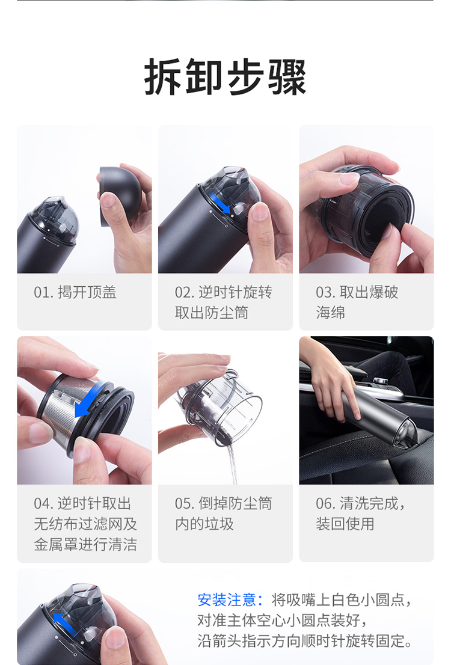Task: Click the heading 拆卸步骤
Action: point(226,77)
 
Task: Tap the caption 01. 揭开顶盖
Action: point(75,292)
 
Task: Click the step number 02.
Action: point(184,292)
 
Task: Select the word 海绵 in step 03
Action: point(331,313)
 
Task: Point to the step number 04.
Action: point(43,503)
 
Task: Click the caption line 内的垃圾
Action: point(204,524)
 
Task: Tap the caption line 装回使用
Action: point(345,524)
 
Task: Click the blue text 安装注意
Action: point(227,599)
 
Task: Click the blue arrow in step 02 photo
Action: point(221,203)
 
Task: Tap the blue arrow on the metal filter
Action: point(88,399)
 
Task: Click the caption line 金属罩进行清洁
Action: point(85,544)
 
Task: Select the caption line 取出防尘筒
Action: point(212,313)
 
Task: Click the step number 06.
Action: point(325,503)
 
